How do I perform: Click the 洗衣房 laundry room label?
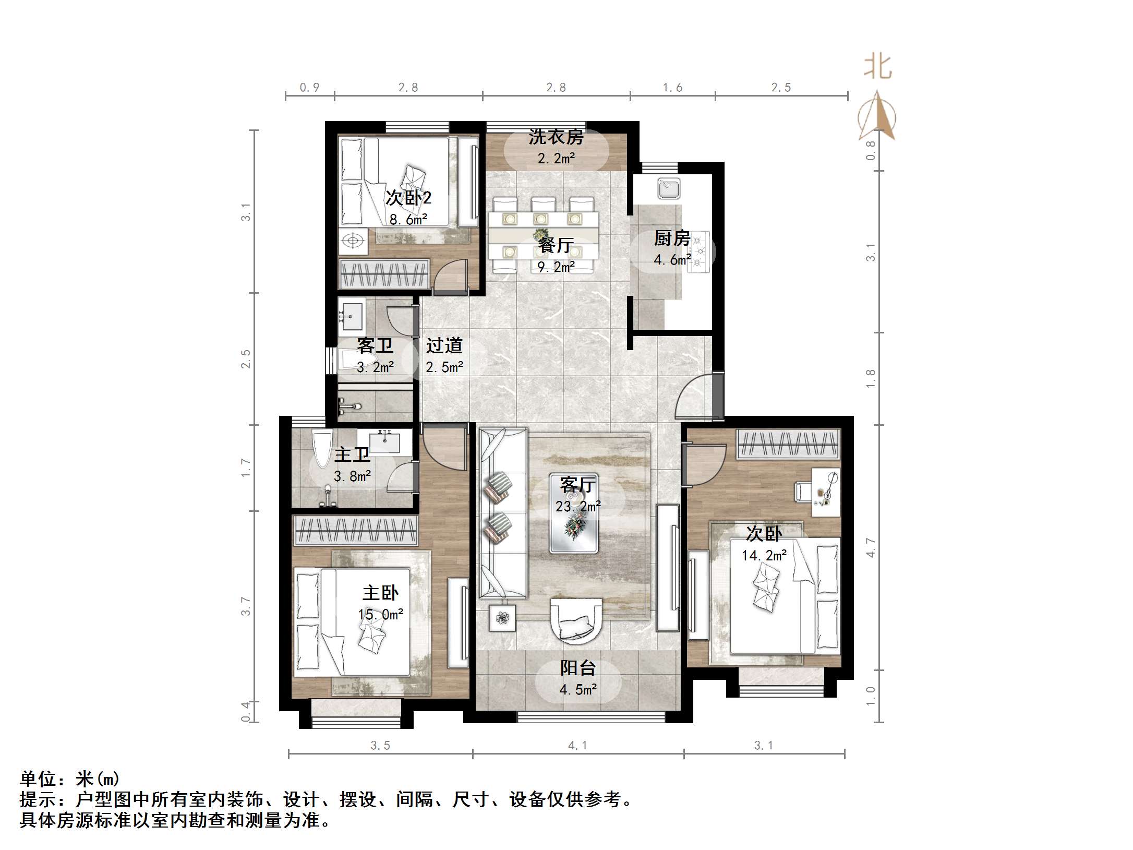tap(556, 137)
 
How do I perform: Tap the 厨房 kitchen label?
tap(672, 239)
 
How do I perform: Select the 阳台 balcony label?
tap(578, 668)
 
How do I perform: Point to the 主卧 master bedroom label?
tap(381, 593)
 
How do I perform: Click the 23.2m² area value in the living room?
tap(578, 506)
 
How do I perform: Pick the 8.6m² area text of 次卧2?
tap(408, 220)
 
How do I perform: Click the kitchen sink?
tap(669, 188)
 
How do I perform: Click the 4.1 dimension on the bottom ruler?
tap(577, 746)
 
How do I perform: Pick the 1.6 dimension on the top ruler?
tap(672, 88)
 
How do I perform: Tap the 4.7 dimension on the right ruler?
tap(871, 547)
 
